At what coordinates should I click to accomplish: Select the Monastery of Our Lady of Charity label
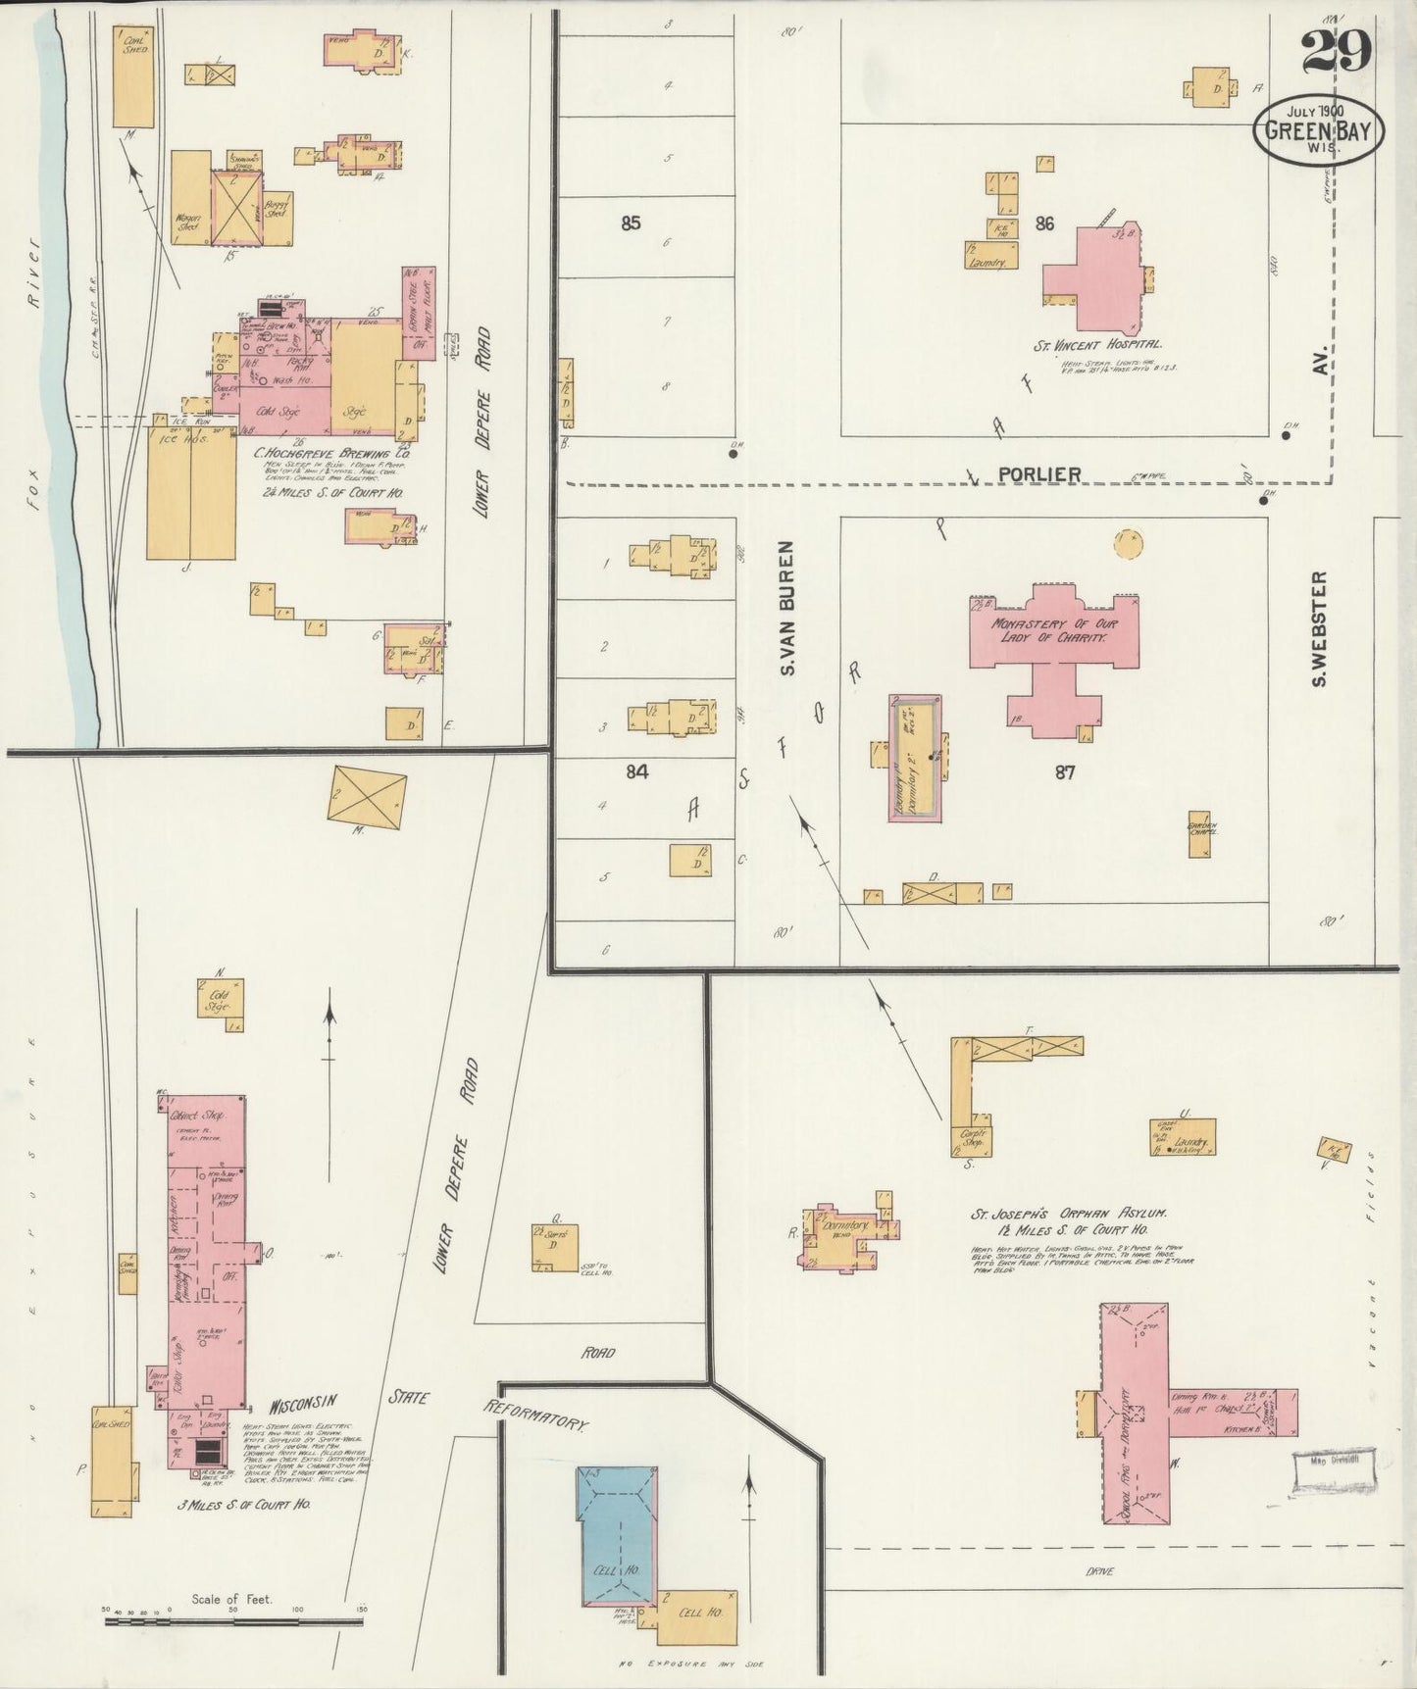[x=1052, y=629]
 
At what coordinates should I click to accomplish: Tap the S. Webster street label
[x=1319, y=629]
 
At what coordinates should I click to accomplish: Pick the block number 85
[x=631, y=224]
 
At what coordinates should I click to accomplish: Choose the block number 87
[x=1065, y=772]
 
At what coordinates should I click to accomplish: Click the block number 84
[x=637, y=772]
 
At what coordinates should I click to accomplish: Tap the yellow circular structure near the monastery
[x=1129, y=541]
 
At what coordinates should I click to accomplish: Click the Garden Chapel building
[x=1199, y=832]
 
